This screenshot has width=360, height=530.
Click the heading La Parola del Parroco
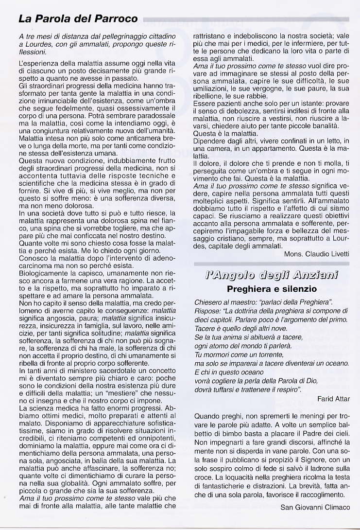pos(78,19)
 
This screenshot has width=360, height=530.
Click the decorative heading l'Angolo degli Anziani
pos(272,276)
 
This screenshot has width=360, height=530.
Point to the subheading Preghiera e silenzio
pos(272,289)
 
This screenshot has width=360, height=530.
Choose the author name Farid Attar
pos(333,399)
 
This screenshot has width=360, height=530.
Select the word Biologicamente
pos(42,273)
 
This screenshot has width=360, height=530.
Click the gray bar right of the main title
pos(245,19)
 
